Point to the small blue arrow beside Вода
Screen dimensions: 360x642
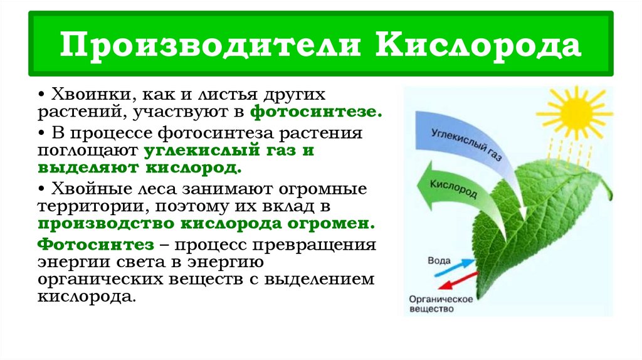pyautogui.click(x=458, y=266)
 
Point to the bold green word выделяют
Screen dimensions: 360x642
pyautogui.click(x=88, y=169)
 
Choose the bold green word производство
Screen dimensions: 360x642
pyautogui.click(x=107, y=224)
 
